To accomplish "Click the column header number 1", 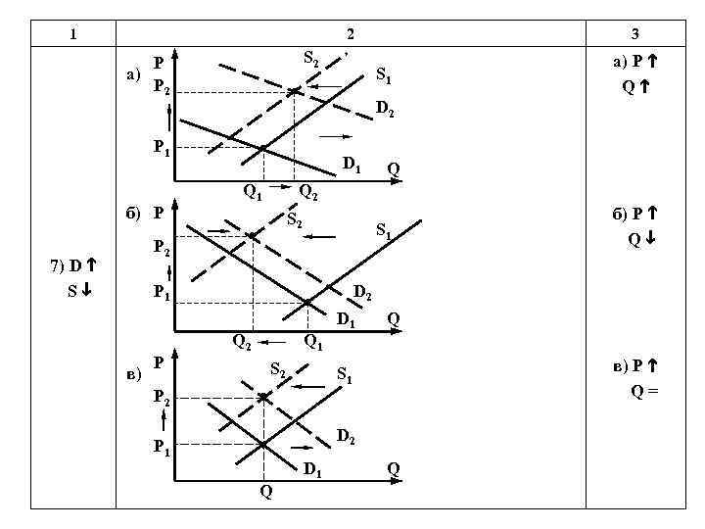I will click(x=72, y=34).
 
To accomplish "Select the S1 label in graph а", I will click(x=385, y=75).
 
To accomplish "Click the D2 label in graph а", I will click(x=385, y=109).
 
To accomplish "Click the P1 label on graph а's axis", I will click(x=162, y=148).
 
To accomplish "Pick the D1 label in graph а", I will click(x=352, y=164).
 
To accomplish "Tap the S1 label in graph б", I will click(x=385, y=232).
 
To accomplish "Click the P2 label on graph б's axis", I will click(x=162, y=249).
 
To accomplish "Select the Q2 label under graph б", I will click(x=241, y=342).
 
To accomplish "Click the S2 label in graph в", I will click(x=278, y=370).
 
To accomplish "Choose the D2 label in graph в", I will click(x=346, y=435).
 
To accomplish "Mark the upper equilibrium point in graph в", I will click(x=263, y=398).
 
